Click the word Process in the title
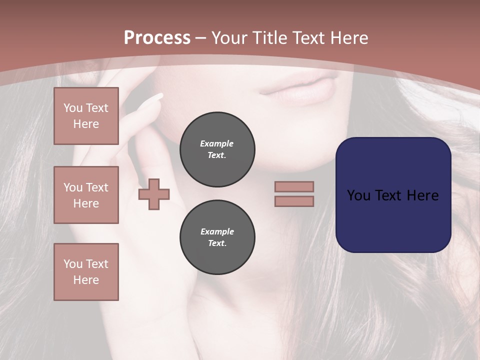click(157, 38)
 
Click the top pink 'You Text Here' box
click(86, 116)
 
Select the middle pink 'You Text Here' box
click(86, 195)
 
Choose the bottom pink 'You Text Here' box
click(86, 272)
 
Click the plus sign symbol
click(154, 194)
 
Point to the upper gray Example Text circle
click(217, 149)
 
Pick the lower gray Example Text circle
click(217, 237)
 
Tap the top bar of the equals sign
click(294, 186)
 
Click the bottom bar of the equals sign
click(294, 201)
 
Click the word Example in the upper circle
click(217, 143)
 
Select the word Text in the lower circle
click(217, 243)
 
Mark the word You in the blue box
click(358, 195)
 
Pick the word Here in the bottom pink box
click(86, 280)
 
